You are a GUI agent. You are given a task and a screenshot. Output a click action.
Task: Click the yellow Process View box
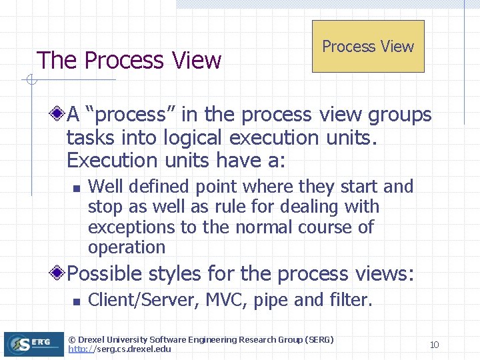click(368, 46)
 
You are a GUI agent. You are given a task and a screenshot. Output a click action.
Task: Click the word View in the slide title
click(196, 61)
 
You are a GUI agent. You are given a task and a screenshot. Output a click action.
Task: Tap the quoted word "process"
click(131, 115)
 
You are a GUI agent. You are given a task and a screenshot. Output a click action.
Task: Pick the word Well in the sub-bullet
click(106, 187)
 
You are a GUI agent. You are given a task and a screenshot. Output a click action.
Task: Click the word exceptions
click(131, 227)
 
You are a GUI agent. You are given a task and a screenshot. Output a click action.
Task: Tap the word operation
click(127, 247)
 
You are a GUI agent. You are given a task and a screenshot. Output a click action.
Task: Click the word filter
click(350, 300)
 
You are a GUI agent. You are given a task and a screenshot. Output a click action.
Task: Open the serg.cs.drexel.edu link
click(120, 349)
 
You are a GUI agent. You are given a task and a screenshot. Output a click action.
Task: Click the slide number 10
click(434, 345)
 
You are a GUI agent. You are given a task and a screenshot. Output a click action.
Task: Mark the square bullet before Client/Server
click(77, 301)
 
